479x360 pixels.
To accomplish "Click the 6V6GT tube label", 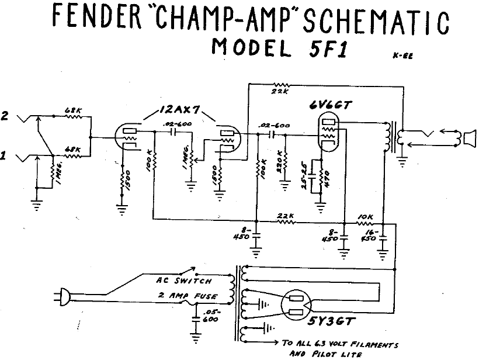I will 331,106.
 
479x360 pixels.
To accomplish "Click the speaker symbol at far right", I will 468,139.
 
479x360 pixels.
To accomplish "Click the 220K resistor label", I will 279,159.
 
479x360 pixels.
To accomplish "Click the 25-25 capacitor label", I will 311,171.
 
